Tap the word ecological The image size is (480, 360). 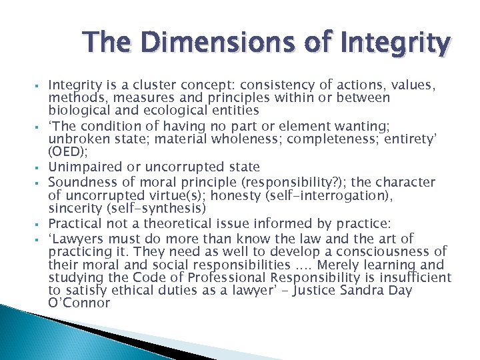(x=171, y=110)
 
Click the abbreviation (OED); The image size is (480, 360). (x=67, y=152)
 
